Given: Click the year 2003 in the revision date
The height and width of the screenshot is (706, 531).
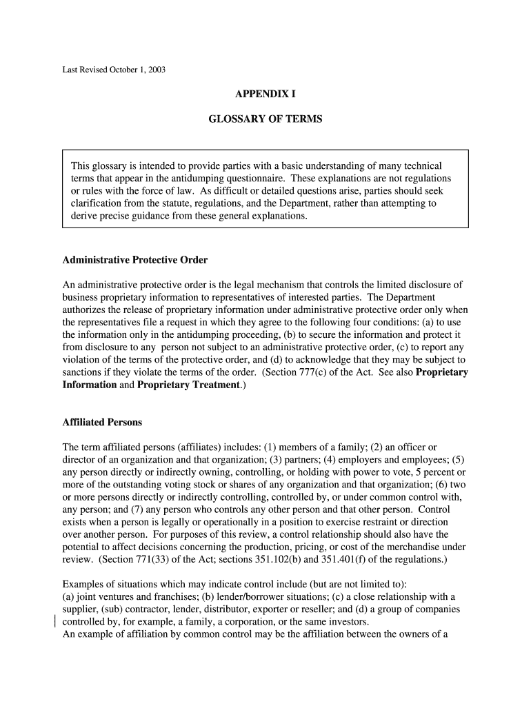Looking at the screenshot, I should pyautogui.click(x=157, y=70).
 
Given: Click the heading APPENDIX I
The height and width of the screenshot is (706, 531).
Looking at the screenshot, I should pyautogui.click(x=265, y=94).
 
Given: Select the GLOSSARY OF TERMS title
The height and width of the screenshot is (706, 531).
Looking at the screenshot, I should pyautogui.click(x=265, y=119).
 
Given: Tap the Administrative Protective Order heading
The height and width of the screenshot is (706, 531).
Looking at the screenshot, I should pyautogui.click(x=135, y=260).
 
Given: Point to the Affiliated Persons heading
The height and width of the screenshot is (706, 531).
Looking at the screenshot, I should pyautogui.click(x=102, y=423).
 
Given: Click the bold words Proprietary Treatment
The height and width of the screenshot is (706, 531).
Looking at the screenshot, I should pyautogui.click(x=188, y=385).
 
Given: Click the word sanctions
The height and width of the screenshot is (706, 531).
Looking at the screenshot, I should pyautogui.click(x=81, y=372).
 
